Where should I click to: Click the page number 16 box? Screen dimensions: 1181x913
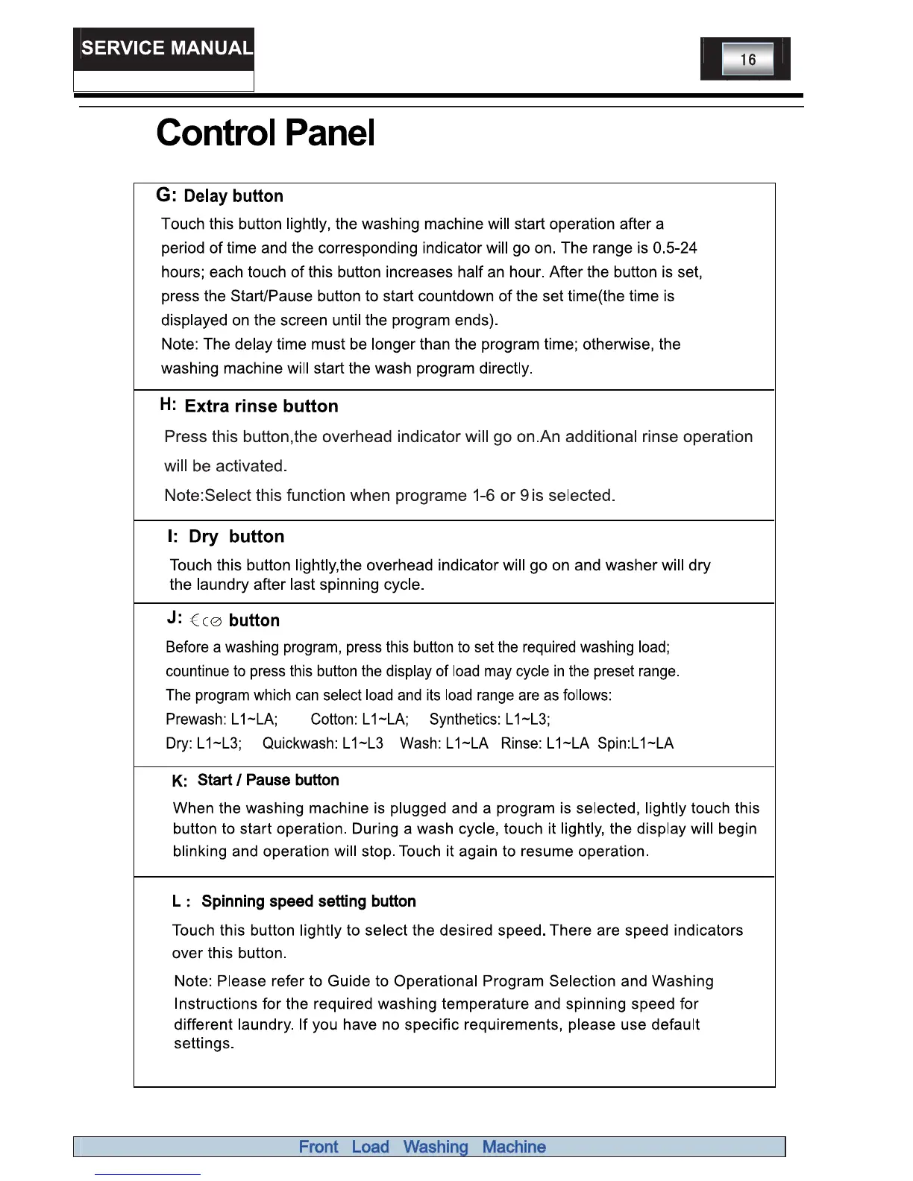click(747, 60)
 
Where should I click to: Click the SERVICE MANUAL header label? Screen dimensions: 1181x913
click(166, 48)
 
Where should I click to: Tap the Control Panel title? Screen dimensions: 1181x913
click(266, 133)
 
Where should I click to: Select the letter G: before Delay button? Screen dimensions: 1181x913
click(166, 195)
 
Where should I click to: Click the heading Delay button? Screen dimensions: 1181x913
click(233, 196)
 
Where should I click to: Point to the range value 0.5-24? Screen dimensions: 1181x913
click(674, 248)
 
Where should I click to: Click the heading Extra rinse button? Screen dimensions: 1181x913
click(261, 406)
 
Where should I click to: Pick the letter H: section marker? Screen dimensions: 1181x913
click(168, 405)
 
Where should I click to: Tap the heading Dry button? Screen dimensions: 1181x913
click(236, 537)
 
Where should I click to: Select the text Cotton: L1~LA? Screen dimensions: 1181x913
click(360, 719)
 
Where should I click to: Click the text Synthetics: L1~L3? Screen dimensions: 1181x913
click(489, 719)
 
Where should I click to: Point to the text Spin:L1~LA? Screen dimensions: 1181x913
click(636, 743)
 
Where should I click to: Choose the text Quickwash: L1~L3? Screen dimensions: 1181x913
click(323, 743)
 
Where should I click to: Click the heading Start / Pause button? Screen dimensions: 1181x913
click(268, 780)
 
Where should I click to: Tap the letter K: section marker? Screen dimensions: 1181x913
click(179, 781)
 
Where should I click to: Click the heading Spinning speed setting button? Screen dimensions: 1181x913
click(309, 901)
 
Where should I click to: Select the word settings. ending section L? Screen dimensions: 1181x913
click(204, 1044)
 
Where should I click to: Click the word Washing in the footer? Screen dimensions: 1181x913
click(436, 1147)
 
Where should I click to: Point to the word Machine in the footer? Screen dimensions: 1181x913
click(514, 1147)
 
